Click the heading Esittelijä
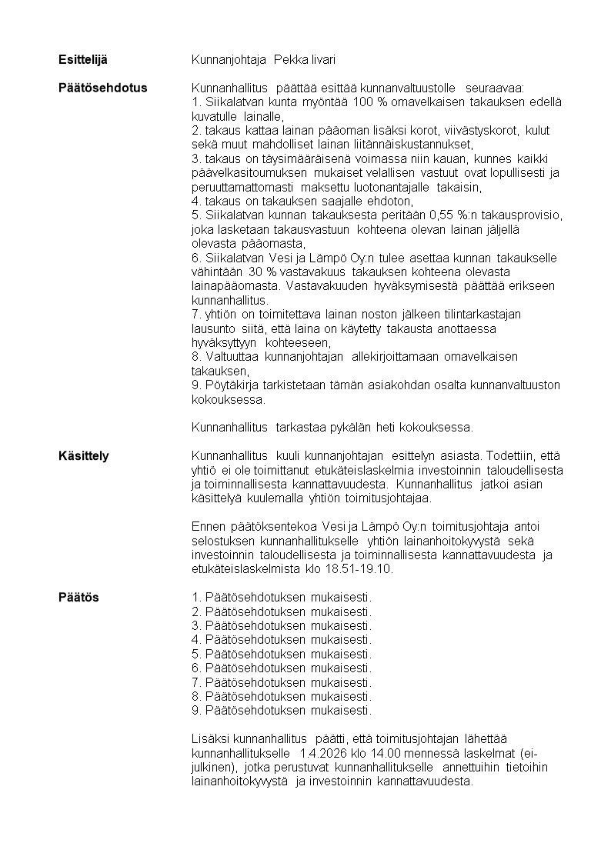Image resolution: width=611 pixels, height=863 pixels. (84, 59)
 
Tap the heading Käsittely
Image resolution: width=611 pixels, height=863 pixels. (84, 456)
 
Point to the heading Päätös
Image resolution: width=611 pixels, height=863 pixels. (79, 598)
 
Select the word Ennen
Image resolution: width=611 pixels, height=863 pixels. (208, 527)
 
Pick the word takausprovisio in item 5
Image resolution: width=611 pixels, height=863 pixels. (522, 215)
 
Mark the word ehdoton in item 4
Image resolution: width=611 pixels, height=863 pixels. (372, 201)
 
